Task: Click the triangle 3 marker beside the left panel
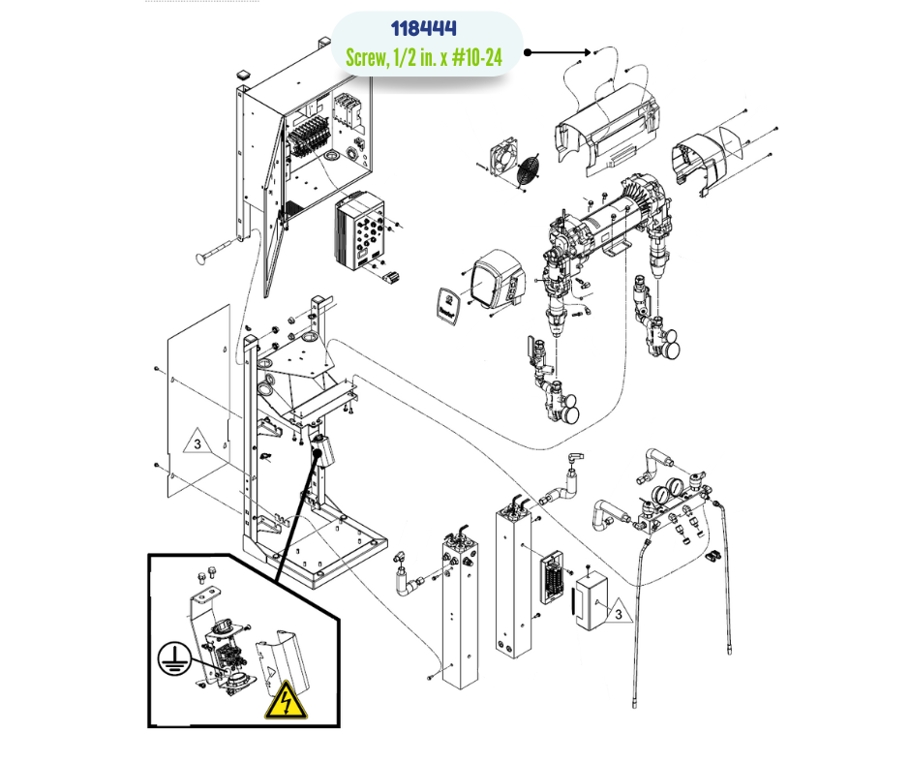click(196, 444)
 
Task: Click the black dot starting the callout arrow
click(529, 51)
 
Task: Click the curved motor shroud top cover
click(603, 125)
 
